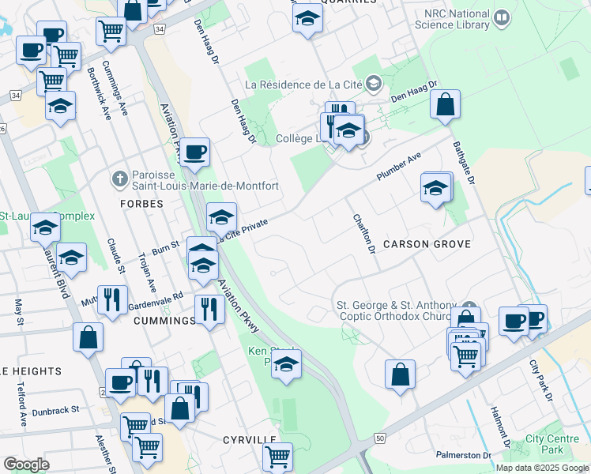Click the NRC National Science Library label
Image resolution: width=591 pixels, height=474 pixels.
point(456,19)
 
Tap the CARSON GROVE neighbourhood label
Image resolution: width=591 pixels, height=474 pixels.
point(427,244)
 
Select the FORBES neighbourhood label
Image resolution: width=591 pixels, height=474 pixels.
point(142,204)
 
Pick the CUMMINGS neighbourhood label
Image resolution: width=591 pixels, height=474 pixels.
point(164,321)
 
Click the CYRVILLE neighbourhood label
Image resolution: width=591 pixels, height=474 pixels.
point(249,439)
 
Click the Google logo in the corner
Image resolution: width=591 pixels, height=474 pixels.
point(26,465)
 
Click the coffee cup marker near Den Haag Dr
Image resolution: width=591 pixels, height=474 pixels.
point(194,151)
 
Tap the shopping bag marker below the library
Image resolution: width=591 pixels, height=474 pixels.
point(445,105)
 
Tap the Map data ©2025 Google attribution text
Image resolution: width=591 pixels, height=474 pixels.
point(542,468)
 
